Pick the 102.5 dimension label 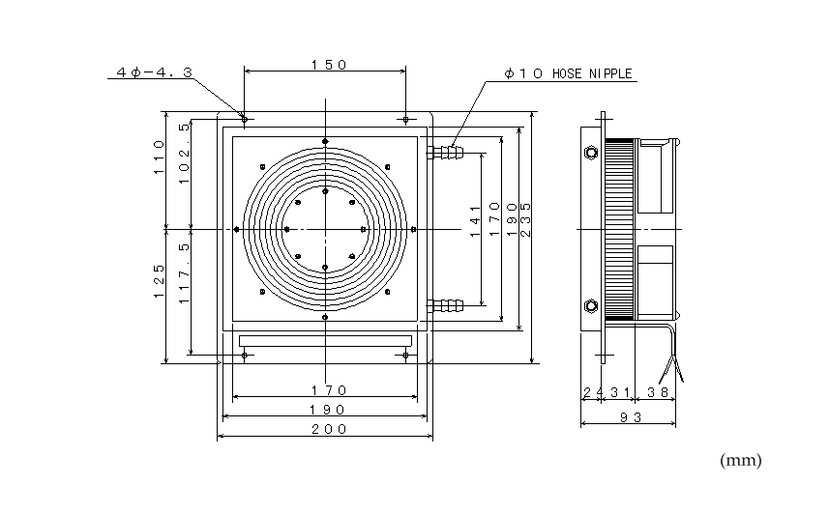click(x=184, y=152)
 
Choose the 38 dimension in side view click(x=658, y=392)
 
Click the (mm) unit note click(x=741, y=461)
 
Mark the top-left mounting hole click(x=245, y=120)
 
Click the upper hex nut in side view click(x=590, y=152)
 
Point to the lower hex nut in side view click(x=590, y=307)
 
